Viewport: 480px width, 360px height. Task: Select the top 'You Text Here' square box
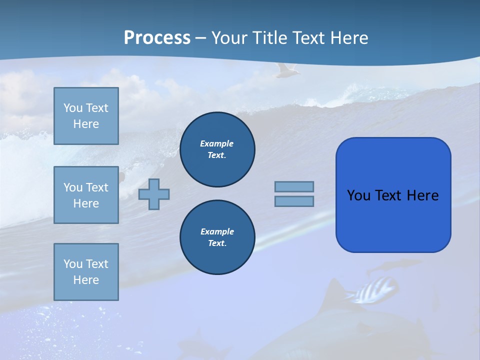coord(86,116)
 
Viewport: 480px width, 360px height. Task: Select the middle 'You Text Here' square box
coord(86,195)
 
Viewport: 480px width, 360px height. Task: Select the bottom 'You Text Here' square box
coord(86,272)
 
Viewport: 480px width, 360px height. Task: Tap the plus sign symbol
coord(154,194)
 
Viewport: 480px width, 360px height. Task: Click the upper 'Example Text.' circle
coord(217,149)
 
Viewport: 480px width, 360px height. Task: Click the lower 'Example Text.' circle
coord(217,237)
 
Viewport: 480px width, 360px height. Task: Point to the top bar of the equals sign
coord(294,186)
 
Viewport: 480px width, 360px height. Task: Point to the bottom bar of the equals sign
coord(294,201)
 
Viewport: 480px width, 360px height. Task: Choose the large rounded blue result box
coord(393,195)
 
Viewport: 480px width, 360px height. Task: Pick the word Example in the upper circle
coord(217,143)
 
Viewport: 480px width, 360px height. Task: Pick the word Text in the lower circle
coord(216,243)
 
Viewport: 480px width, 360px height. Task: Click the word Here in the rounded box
coord(422,195)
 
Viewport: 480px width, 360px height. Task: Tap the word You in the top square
coord(72,108)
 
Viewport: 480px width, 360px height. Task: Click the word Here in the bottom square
coord(86,280)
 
